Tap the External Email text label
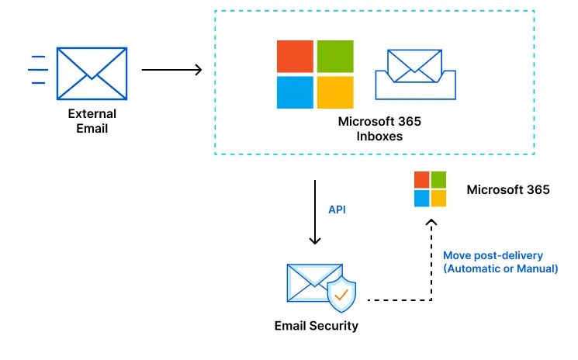pyautogui.click(x=92, y=121)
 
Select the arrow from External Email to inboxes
pyautogui.click(x=171, y=70)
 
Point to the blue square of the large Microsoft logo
pyautogui.click(x=296, y=92)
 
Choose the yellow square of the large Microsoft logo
pyautogui.click(x=335, y=92)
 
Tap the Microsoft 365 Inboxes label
pyautogui.click(x=379, y=129)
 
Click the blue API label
pyautogui.click(x=337, y=209)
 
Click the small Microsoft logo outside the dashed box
pyautogui.click(x=430, y=189)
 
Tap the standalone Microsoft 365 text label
pyautogui.click(x=507, y=189)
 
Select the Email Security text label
pyautogui.click(x=317, y=326)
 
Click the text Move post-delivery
pyautogui.click(x=493, y=255)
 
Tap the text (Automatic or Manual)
pyautogui.click(x=500, y=269)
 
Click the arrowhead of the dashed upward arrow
pyautogui.click(x=432, y=223)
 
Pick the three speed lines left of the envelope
pyautogui.click(x=37, y=71)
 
